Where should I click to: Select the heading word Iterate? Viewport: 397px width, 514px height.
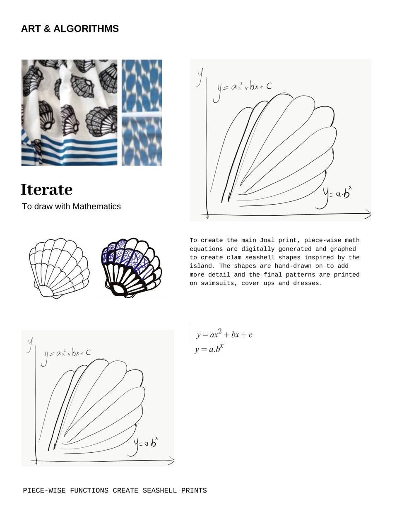[x=47, y=190]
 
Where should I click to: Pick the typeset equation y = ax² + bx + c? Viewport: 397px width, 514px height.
[x=224, y=334]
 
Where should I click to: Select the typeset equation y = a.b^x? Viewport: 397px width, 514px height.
[x=209, y=349]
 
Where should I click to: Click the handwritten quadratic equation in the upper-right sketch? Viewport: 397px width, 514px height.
[x=244, y=87]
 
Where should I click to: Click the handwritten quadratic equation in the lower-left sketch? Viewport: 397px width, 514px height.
[x=68, y=353]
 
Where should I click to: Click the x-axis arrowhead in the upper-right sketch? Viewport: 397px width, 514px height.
[x=367, y=214]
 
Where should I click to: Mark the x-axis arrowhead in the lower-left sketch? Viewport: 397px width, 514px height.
[x=171, y=460]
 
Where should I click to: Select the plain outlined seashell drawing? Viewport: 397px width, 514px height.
[x=58, y=268]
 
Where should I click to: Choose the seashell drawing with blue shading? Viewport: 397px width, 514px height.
[x=131, y=267]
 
